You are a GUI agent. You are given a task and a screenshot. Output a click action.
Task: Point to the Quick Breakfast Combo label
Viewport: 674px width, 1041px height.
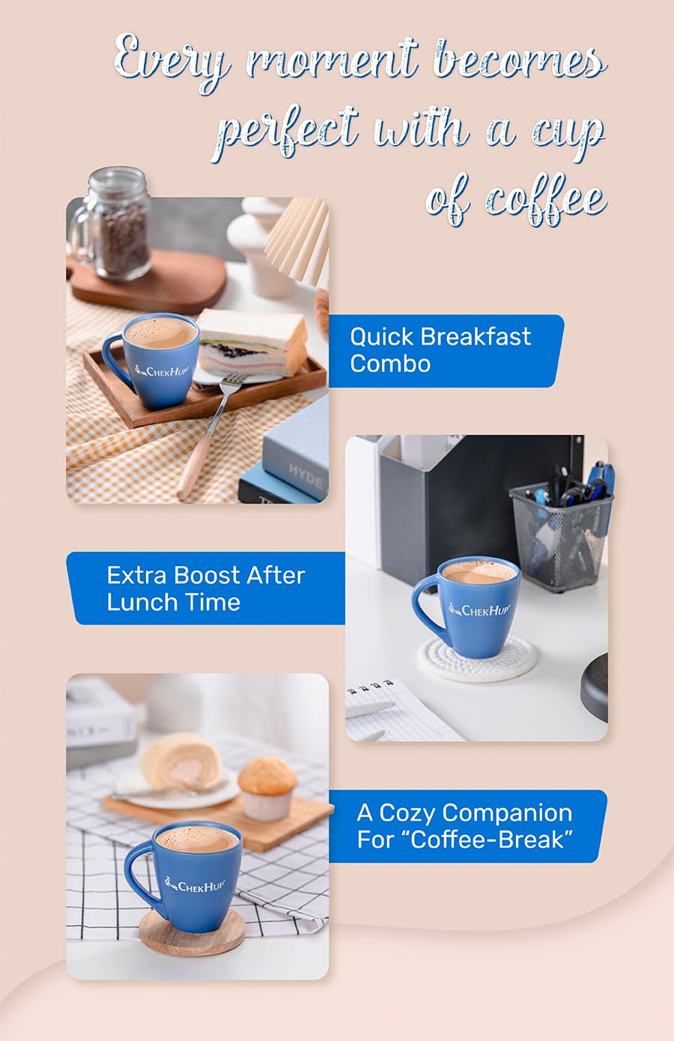coord(442,350)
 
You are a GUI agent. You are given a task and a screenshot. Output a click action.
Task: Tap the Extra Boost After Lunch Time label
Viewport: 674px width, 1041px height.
coord(205,589)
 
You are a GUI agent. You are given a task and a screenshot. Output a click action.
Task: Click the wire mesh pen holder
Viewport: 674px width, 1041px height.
coord(562,535)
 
